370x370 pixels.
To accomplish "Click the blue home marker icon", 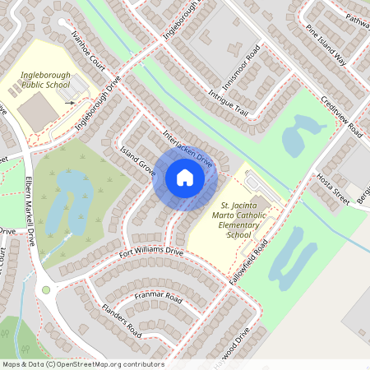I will (184, 178).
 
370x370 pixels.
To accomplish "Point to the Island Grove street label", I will (137, 160).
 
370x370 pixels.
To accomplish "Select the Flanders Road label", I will (122, 321).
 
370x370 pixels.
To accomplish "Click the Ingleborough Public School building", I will (36, 110).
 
